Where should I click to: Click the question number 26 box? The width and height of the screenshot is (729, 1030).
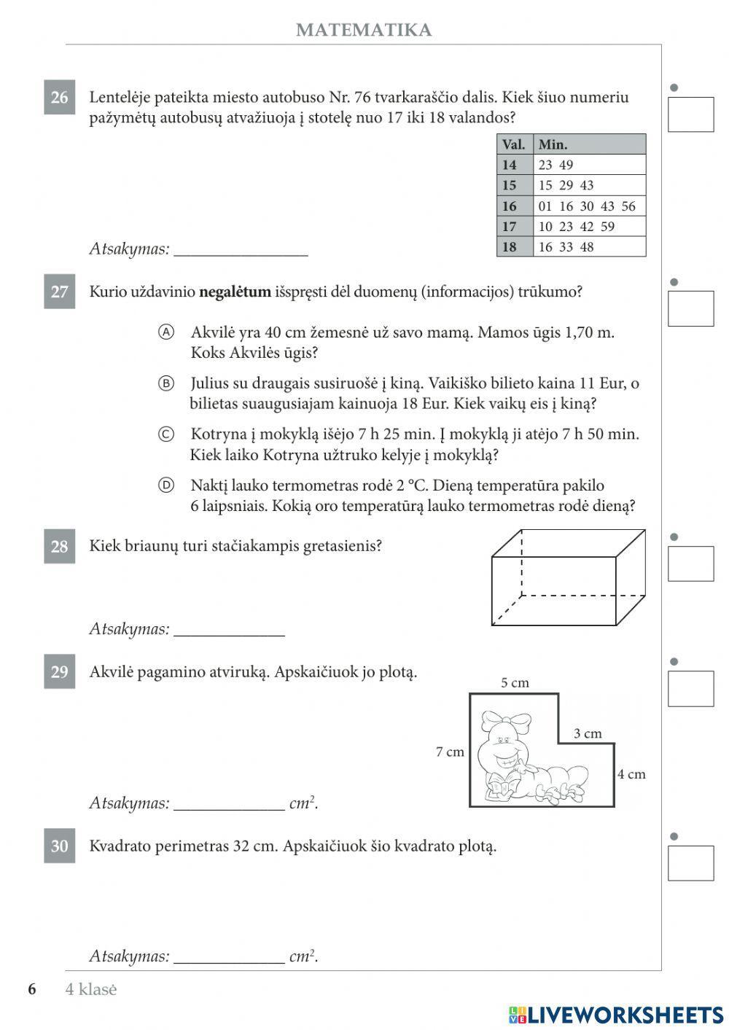[x=59, y=98]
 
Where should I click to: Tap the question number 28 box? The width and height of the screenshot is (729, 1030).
[x=59, y=547]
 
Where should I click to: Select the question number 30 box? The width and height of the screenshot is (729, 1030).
[x=59, y=846]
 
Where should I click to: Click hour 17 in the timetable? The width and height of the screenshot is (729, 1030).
[x=509, y=227]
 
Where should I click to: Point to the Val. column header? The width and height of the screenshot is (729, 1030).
[x=514, y=144]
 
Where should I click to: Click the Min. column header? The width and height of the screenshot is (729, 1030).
[x=553, y=144]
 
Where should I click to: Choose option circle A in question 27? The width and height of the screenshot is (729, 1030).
[x=166, y=332]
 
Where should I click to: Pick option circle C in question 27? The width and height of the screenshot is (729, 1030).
[x=166, y=434]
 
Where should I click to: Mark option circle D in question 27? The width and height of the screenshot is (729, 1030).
[x=166, y=485]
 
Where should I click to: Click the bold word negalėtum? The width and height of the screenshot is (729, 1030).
[x=235, y=292]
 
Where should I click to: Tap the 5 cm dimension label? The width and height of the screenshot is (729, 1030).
[x=515, y=683]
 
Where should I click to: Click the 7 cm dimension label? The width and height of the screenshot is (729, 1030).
[x=450, y=752]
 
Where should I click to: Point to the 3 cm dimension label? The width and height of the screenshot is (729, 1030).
[x=588, y=733]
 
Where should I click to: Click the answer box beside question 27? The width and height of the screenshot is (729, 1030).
[x=690, y=308]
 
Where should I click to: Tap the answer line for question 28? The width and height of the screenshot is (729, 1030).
[x=229, y=630]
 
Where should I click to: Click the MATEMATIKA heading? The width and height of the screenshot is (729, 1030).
[x=364, y=30]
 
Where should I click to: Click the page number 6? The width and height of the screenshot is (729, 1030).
[x=32, y=989]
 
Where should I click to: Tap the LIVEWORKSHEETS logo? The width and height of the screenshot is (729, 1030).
[x=616, y=1015]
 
